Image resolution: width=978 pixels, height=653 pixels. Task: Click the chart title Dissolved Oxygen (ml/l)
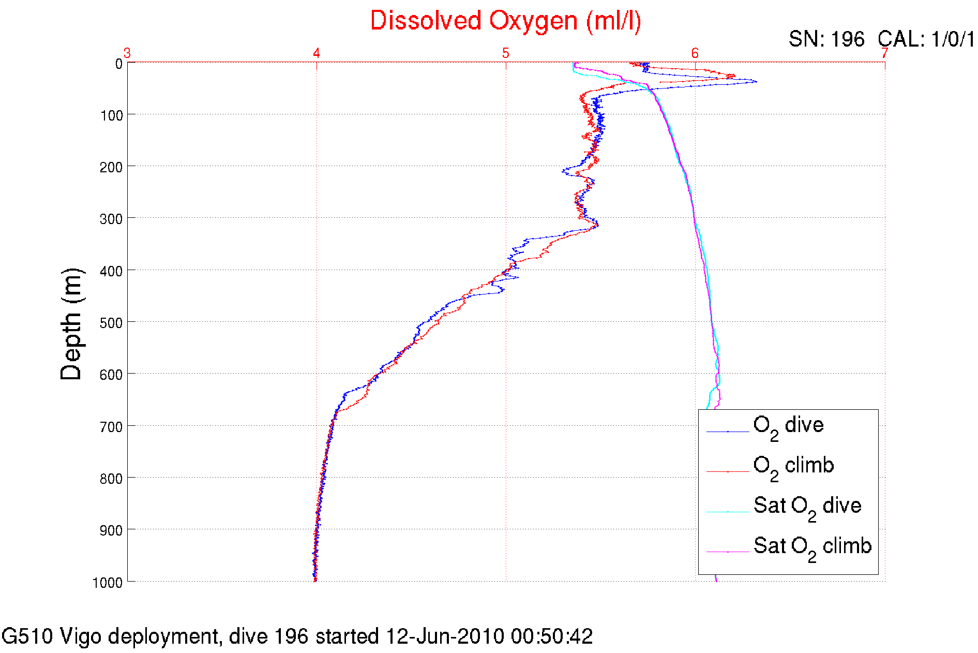coord(505,22)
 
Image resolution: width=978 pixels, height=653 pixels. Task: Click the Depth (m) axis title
coord(71,324)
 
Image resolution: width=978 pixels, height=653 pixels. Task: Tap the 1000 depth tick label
coord(108,583)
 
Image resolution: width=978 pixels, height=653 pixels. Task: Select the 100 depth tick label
coord(111,115)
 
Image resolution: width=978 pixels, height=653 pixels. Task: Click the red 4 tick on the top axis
coord(317,53)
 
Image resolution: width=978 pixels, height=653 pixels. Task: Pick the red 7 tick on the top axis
coord(884,53)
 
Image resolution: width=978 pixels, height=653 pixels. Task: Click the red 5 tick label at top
coord(505,53)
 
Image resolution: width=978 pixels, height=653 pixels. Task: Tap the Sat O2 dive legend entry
coord(807,507)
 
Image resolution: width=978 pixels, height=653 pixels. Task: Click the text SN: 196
coord(826,39)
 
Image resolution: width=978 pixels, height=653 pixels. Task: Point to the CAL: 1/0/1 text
coord(926,39)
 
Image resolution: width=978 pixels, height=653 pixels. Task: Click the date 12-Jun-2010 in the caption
coord(445,636)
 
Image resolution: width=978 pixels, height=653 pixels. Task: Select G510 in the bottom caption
coord(27,636)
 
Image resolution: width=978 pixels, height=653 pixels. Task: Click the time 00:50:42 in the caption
coord(552,636)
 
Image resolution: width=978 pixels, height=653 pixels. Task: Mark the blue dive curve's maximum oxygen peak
coord(756,81)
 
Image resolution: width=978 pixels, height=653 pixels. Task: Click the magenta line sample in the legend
coord(728,552)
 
